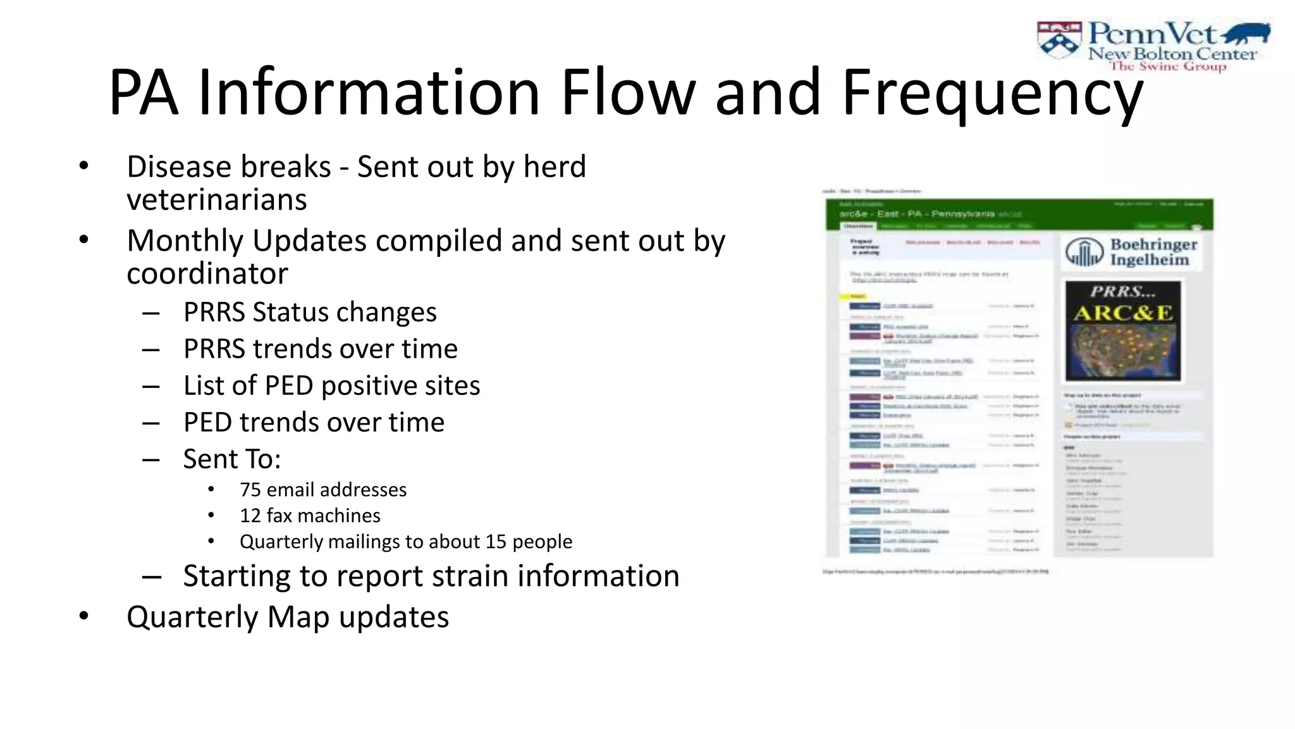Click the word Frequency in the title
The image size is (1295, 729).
point(993,94)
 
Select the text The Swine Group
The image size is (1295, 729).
point(1168,66)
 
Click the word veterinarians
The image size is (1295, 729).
point(217,200)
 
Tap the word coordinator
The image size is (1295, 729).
point(207,273)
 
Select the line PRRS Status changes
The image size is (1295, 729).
point(310,312)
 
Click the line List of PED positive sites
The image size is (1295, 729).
point(331,385)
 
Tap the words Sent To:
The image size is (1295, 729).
point(232,459)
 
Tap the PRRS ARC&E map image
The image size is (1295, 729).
point(1122,331)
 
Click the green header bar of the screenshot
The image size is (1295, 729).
point(1019,214)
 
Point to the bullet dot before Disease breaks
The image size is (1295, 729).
point(83,166)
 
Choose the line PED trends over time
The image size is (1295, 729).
point(314,422)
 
